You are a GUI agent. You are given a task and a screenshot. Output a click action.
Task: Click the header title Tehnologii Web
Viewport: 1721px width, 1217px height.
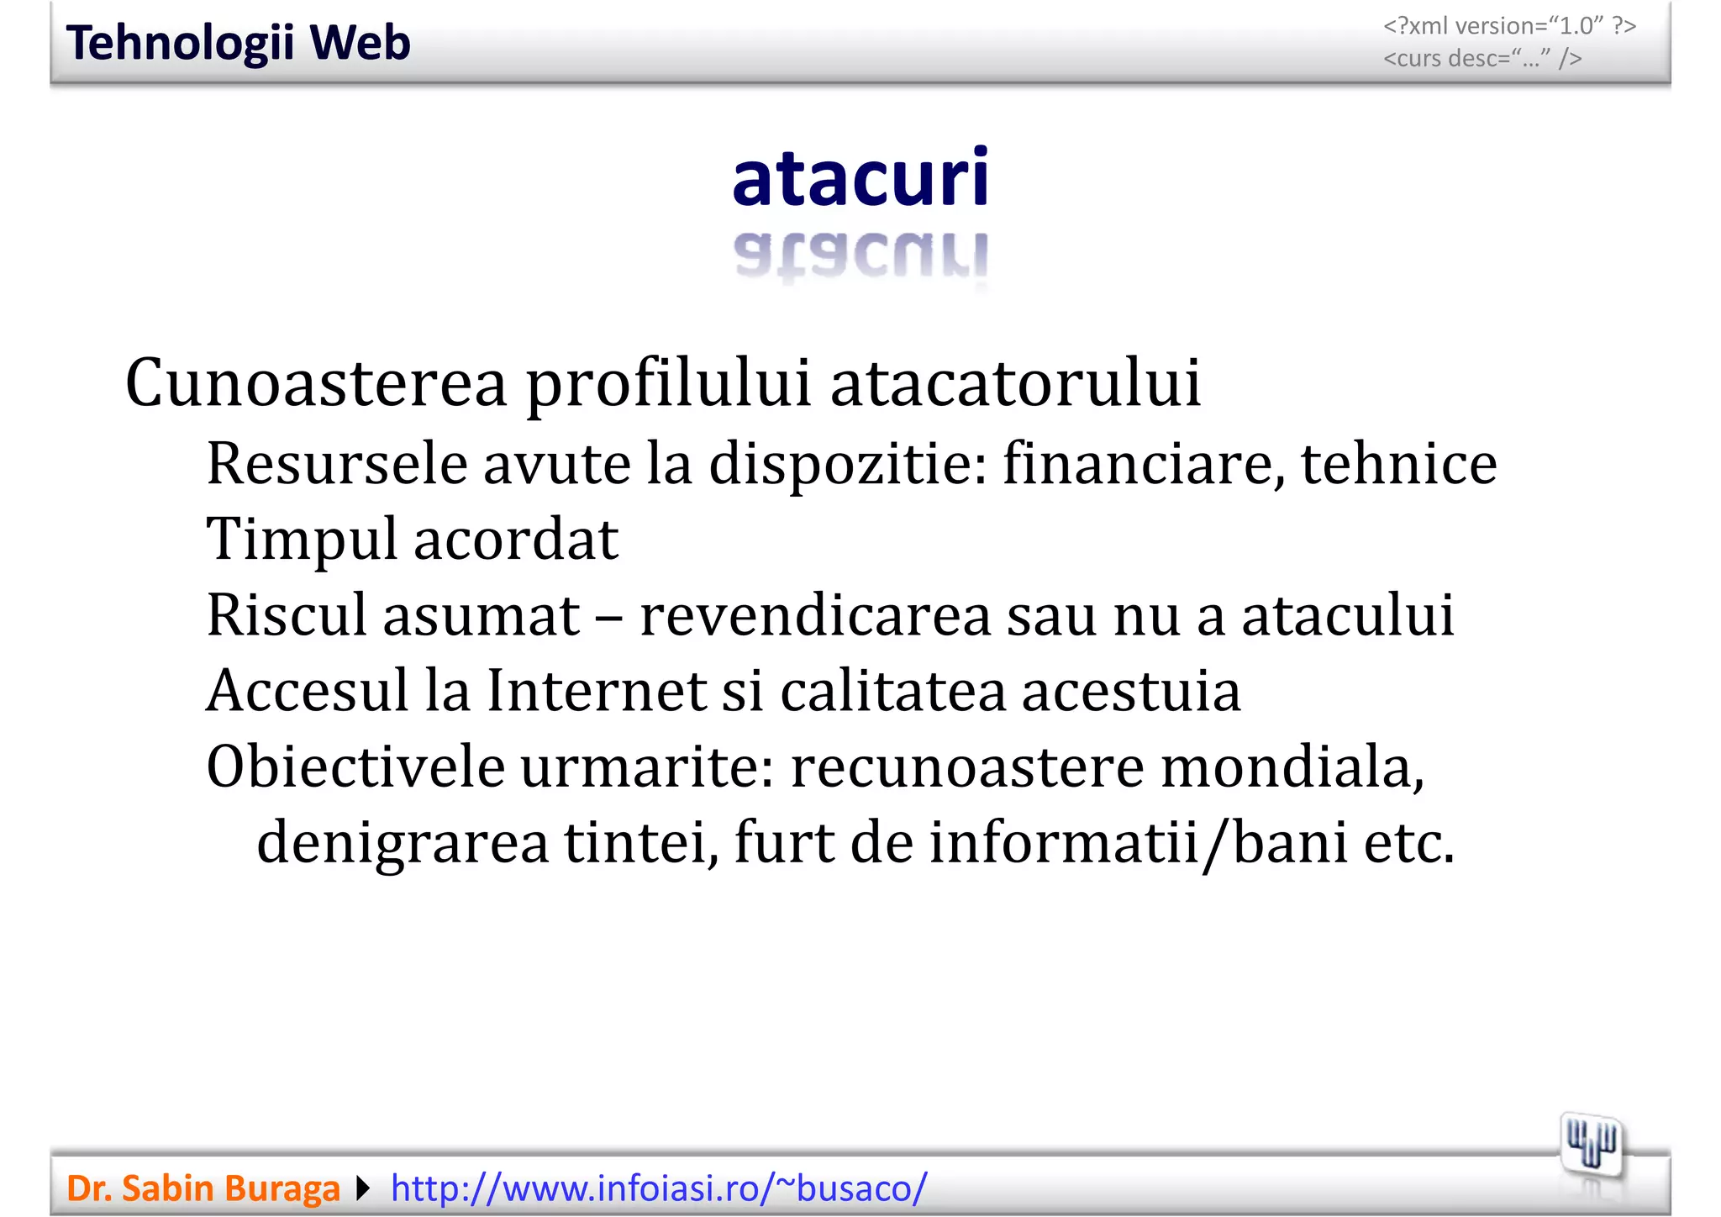(238, 43)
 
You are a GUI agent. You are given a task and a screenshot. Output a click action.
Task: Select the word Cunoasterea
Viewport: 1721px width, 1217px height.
(316, 383)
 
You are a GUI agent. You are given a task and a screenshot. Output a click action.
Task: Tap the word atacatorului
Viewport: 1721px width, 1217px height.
(1015, 383)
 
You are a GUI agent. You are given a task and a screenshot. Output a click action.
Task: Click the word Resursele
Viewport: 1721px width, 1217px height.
(336, 464)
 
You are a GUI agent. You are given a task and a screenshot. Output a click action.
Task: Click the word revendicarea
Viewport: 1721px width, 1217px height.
(815, 615)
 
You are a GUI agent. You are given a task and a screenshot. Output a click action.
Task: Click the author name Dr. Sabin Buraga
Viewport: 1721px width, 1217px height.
(203, 1188)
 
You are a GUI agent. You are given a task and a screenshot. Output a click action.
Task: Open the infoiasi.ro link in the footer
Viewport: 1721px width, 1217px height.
(659, 1188)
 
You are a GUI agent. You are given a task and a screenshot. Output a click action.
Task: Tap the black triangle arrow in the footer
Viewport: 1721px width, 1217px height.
(363, 1188)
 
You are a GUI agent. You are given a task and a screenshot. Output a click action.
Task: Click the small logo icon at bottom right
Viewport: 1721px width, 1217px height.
(1592, 1146)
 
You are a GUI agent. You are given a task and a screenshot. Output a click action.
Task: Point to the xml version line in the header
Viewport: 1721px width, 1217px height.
(1509, 26)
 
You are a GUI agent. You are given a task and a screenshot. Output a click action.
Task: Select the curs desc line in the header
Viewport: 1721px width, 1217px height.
(1482, 59)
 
